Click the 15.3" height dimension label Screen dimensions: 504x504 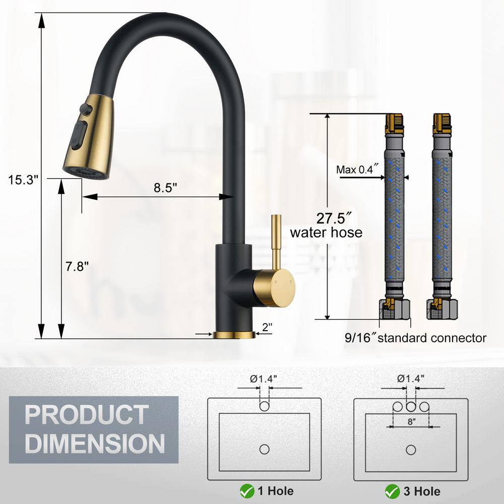pyautogui.click(x=23, y=179)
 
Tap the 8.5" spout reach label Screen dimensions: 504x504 pyautogui.click(x=165, y=187)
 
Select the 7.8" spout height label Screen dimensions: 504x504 pyautogui.click(x=77, y=266)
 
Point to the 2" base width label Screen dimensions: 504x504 pyautogui.click(x=267, y=327)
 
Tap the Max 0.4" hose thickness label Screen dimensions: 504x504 pyautogui.click(x=357, y=169)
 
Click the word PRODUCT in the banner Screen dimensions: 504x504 pyautogui.click(x=87, y=415)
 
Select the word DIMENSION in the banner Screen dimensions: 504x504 pyautogui.click(x=95, y=444)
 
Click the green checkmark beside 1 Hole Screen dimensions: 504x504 pyautogui.click(x=247, y=491)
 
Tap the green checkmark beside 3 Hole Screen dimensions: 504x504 pyautogui.click(x=393, y=491)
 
